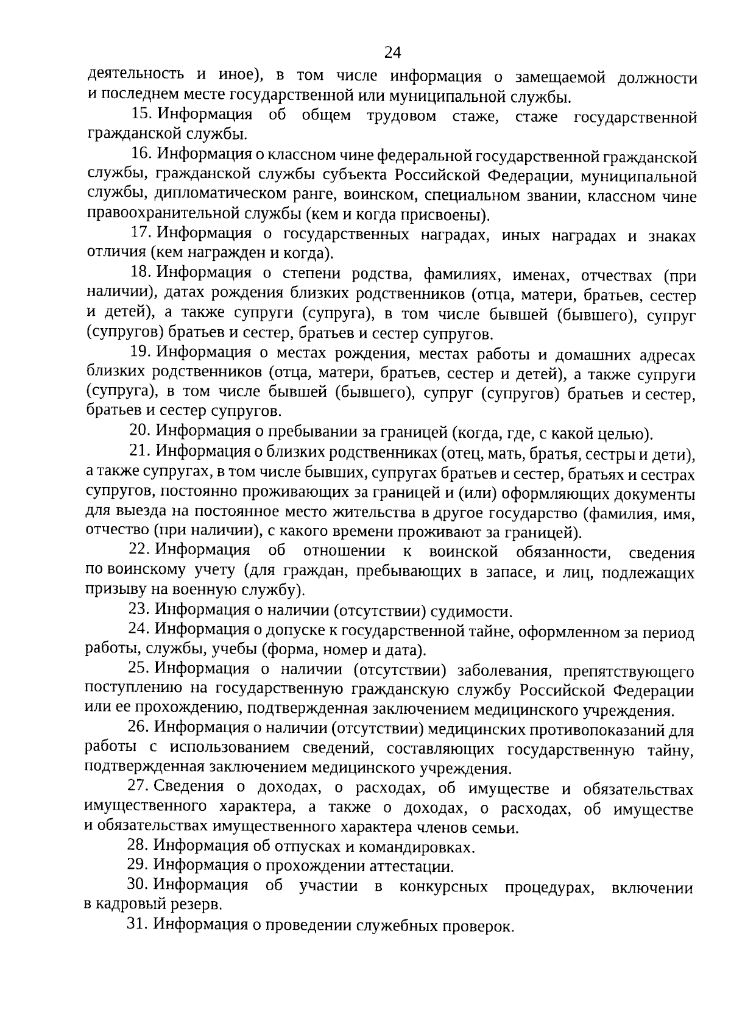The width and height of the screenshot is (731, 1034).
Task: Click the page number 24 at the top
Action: (392, 52)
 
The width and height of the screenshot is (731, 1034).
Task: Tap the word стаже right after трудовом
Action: (476, 116)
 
